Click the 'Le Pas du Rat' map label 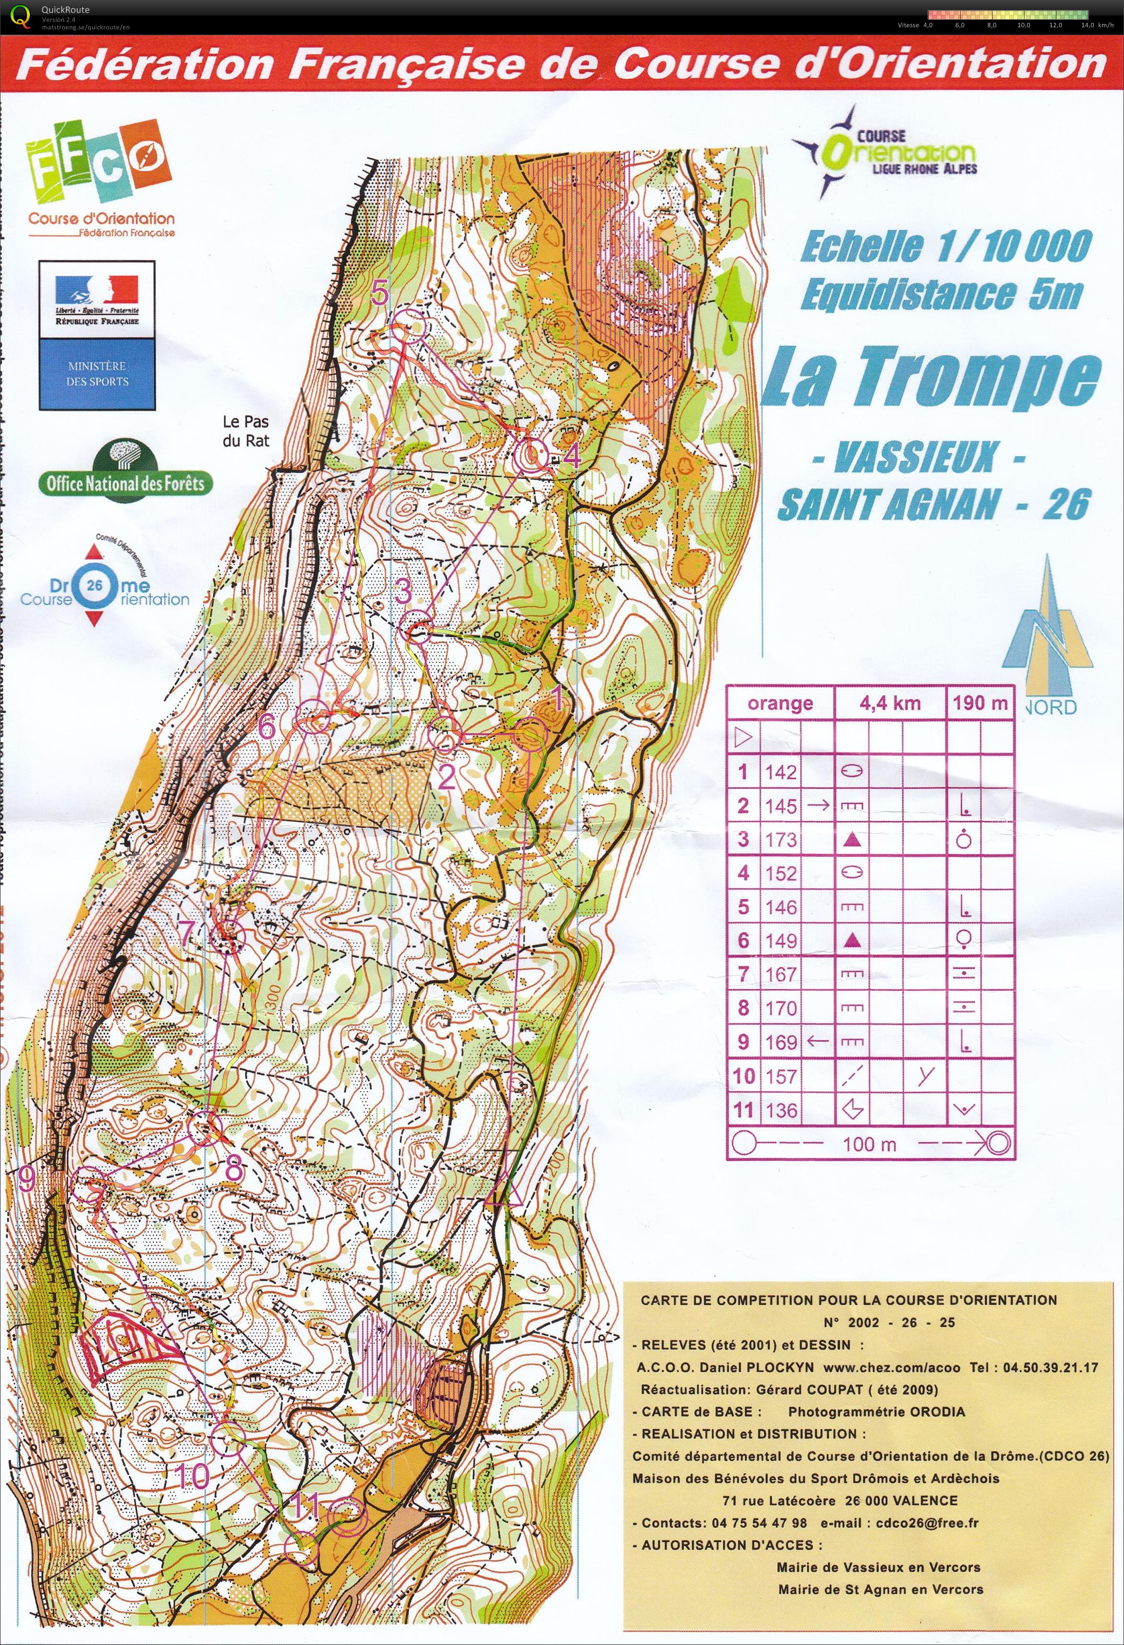pos(246,431)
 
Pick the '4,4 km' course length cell pos(890,703)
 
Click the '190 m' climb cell pos(980,703)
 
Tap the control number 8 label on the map pos(234,1169)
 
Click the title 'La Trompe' pos(931,379)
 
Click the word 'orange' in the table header pos(780,704)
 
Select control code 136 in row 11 pos(781,1110)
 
